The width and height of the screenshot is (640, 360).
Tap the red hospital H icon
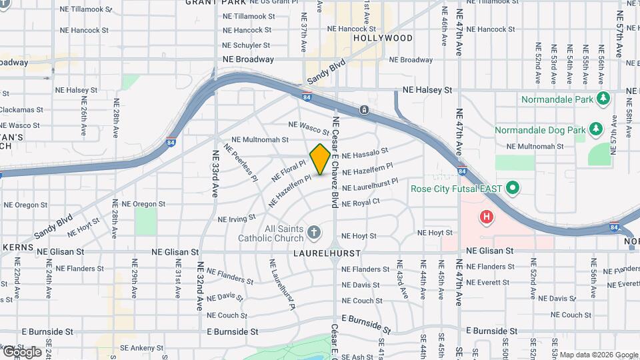point(487,217)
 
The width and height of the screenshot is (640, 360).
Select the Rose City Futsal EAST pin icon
point(512,188)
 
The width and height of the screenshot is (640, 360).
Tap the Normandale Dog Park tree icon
point(595,128)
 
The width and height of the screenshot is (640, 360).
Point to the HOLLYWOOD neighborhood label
point(383,38)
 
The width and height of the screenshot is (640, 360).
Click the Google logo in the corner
point(21,351)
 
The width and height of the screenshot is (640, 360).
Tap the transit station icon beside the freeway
point(364,109)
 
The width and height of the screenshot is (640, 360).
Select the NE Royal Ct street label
point(361,201)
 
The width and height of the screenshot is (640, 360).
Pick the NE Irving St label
point(237,218)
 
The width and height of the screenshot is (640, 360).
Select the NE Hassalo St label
point(365,153)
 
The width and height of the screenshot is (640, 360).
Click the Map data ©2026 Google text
point(598,355)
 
